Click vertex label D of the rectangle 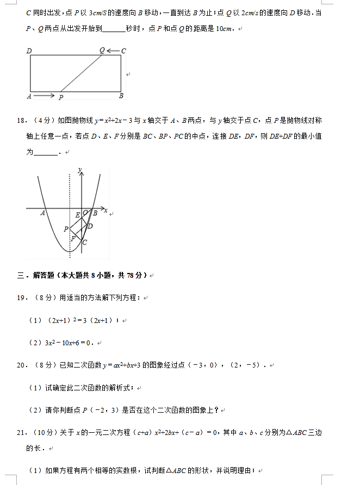pyautogui.click(x=29, y=51)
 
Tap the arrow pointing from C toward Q pyautogui.click(x=113, y=51)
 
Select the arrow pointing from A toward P pyautogui.click(x=44, y=96)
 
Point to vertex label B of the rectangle pyautogui.click(x=121, y=96)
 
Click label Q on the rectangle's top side pyautogui.click(x=102, y=51)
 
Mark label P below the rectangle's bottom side pyautogui.click(x=61, y=98)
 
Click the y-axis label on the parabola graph pyautogui.click(x=80, y=171)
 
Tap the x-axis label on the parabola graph pyautogui.click(x=105, y=209)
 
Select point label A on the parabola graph pyautogui.click(x=42, y=213)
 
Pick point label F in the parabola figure pyautogui.click(x=73, y=238)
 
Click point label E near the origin pyautogui.click(x=77, y=215)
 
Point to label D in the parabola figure pyautogui.click(x=90, y=226)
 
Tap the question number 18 pyautogui.click(x=22, y=120)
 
